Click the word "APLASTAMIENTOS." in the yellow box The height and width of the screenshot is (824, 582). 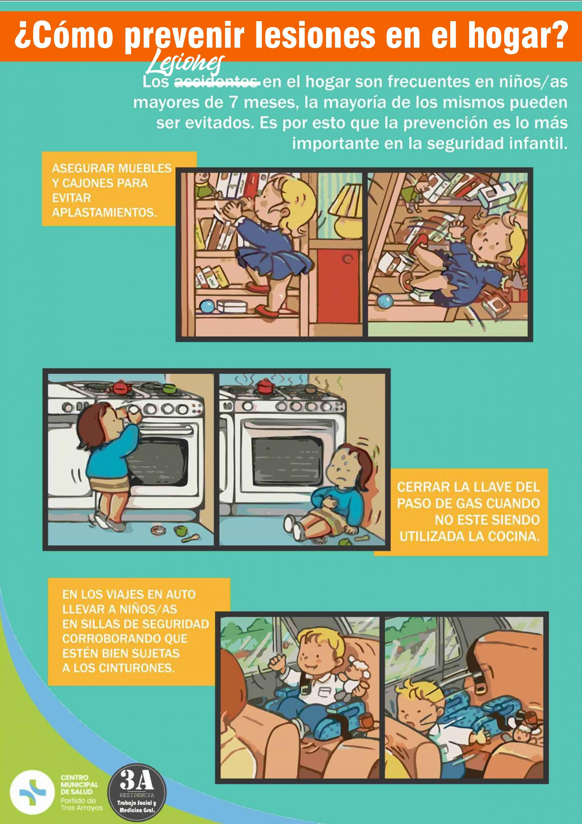(x=104, y=213)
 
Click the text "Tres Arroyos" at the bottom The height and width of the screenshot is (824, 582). (x=81, y=808)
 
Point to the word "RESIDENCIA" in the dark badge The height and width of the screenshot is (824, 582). (x=137, y=795)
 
